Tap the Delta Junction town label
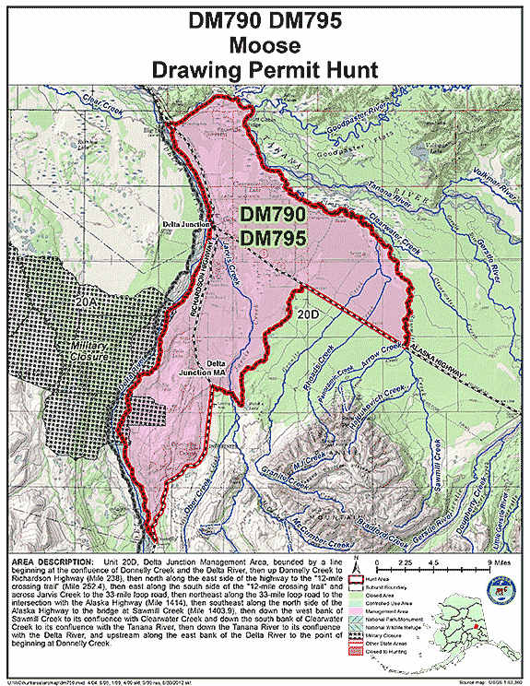pyautogui.click(x=183, y=224)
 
